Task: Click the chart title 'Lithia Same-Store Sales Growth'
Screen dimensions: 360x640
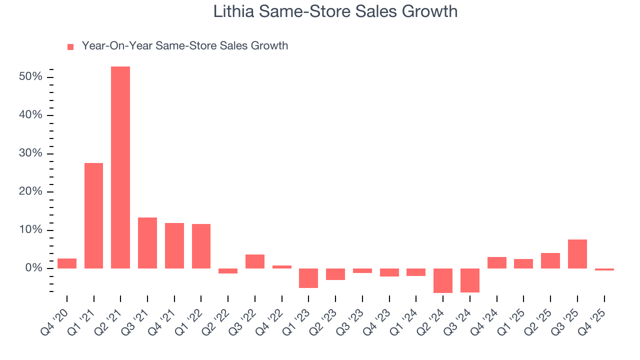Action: point(335,11)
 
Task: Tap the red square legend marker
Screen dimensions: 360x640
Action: point(70,46)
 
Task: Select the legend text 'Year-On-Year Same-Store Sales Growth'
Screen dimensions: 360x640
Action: point(184,46)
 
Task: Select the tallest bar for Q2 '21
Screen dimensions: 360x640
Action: point(120,167)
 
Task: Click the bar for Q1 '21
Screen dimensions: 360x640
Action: point(93,215)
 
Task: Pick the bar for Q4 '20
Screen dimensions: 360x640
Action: point(67,263)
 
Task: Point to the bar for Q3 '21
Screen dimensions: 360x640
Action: point(147,243)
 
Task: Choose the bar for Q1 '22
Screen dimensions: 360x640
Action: point(201,246)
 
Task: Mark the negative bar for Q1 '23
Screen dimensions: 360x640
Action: point(308,278)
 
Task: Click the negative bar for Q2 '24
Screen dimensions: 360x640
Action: point(443,280)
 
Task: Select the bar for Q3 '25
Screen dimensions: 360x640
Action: point(577,254)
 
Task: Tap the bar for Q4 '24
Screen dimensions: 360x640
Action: point(497,262)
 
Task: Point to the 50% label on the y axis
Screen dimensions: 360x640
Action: point(29,77)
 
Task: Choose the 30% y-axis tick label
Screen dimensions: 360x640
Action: point(29,153)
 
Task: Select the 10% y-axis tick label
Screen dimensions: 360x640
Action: point(29,230)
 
